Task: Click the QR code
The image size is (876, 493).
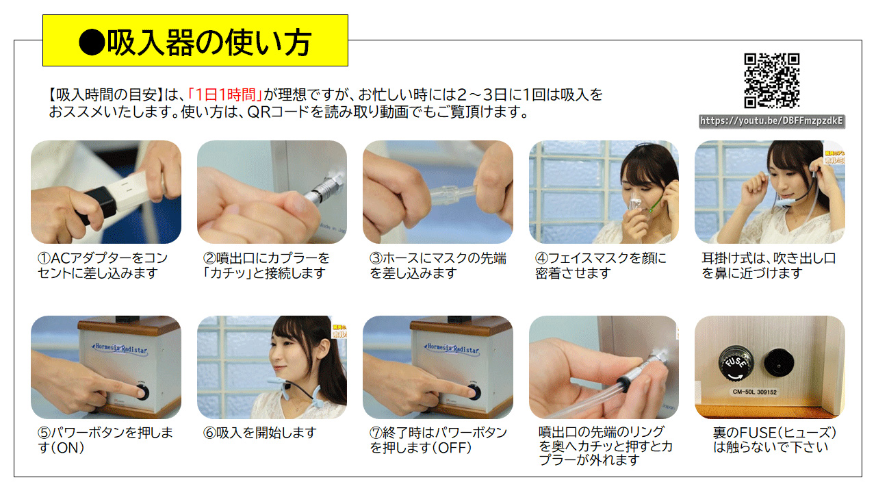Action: (x=771, y=81)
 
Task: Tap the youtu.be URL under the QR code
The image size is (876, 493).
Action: (x=771, y=121)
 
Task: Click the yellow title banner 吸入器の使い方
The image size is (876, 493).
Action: (x=195, y=40)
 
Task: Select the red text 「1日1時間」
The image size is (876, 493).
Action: (x=224, y=94)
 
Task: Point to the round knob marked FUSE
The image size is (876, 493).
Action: (x=736, y=364)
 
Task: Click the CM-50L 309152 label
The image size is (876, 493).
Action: (x=755, y=392)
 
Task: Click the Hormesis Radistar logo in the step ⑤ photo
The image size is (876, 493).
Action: (x=120, y=349)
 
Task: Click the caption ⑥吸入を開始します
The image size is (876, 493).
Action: (x=259, y=433)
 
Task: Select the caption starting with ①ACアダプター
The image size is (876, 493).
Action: (x=103, y=265)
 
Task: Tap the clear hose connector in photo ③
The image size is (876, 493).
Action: (x=454, y=194)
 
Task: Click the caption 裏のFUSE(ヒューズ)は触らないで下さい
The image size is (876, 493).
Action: (x=774, y=440)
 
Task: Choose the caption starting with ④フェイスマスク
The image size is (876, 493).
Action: (x=601, y=265)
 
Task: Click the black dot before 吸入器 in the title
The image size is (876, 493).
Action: (x=92, y=42)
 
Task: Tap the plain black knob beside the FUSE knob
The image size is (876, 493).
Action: (x=779, y=362)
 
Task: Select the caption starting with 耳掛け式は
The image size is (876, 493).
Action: (x=769, y=265)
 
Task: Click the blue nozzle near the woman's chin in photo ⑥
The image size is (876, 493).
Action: (x=278, y=380)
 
